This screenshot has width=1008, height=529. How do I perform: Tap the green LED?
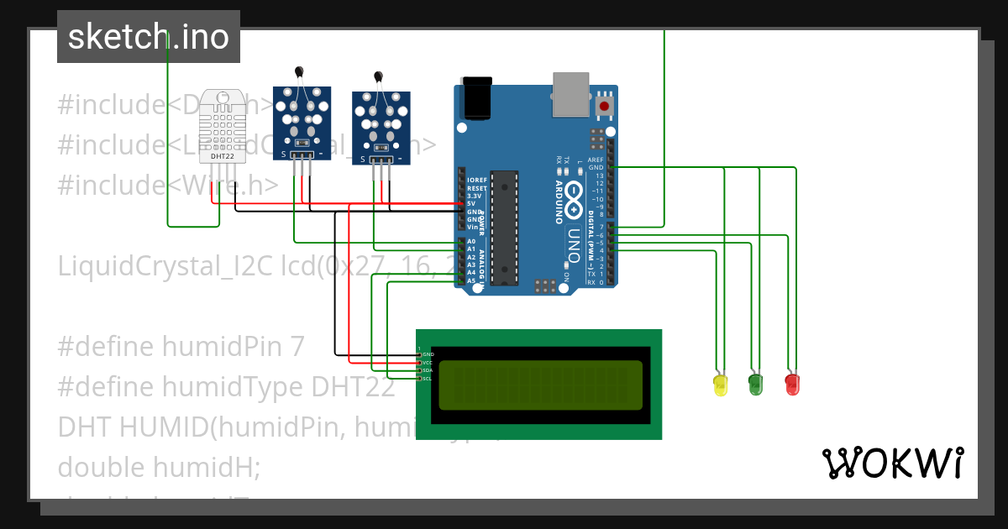[755, 385]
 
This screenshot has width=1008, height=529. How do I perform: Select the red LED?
[791, 385]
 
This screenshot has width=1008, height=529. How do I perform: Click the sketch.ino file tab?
[149, 37]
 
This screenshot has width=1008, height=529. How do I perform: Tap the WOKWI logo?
[893, 463]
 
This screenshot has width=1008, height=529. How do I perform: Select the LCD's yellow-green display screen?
[540, 384]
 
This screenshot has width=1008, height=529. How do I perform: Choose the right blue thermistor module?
[383, 126]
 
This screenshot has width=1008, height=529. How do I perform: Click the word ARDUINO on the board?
[559, 202]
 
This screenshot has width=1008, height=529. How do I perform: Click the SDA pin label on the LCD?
[427, 370]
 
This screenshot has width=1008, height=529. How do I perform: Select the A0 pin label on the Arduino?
[471, 242]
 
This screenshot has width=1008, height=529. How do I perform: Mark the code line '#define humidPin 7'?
[181, 346]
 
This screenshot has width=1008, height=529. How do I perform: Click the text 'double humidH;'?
[159, 467]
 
